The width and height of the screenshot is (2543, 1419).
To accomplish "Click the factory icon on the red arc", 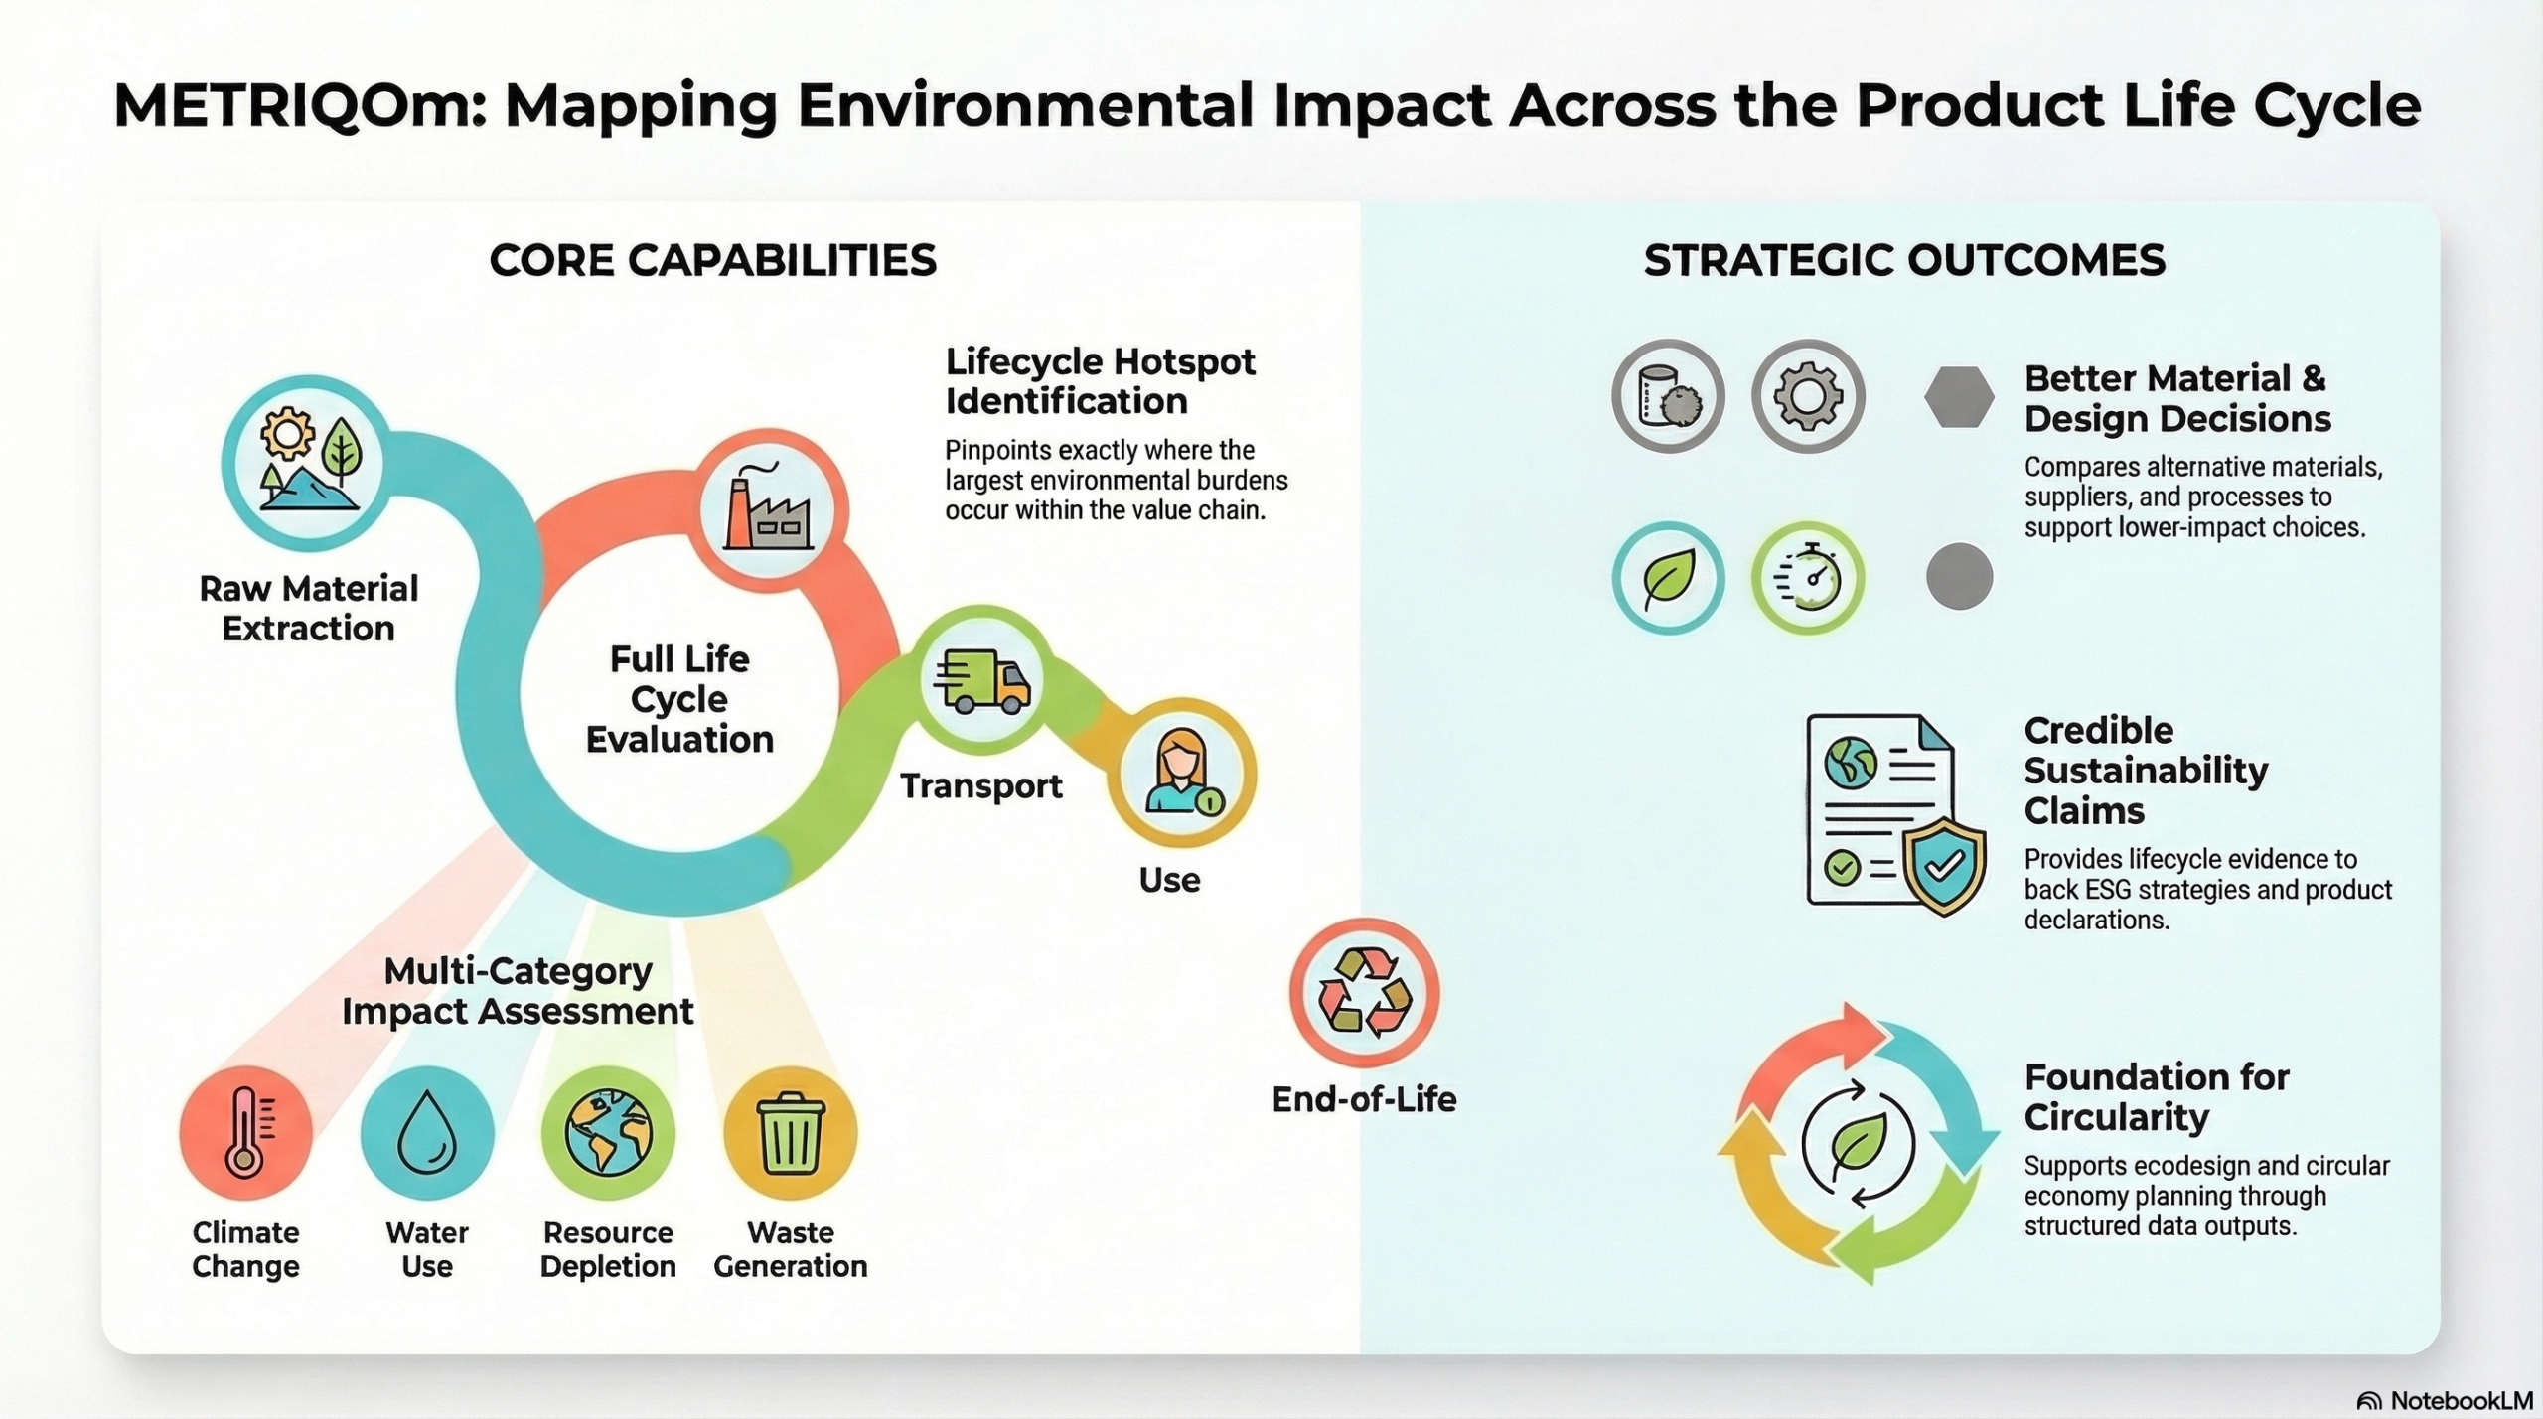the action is pyautogui.click(x=768, y=508).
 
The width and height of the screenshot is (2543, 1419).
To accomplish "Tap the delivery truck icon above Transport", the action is pyautogui.click(x=981, y=681).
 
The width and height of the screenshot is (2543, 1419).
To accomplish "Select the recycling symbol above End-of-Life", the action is pyautogui.click(x=1364, y=993).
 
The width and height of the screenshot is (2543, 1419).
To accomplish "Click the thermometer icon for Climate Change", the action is pyautogui.click(x=246, y=1133).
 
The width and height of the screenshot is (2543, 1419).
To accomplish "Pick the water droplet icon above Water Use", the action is pyautogui.click(x=427, y=1133).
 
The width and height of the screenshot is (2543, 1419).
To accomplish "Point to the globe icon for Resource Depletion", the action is pyautogui.click(x=608, y=1132).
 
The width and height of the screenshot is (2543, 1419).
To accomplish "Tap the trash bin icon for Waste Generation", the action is pyautogui.click(x=791, y=1132).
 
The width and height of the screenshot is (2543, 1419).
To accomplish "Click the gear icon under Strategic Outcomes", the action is pyautogui.click(x=1808, y=396).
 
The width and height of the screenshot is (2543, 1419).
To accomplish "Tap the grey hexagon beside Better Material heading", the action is pyautogui.click(x=1959, y=396).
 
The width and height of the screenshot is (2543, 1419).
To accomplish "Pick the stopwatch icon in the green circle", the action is pyautogui.click(x=1807, y=578).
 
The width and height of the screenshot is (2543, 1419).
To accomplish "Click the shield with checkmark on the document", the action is pyautogui.click(x=1944, y=867).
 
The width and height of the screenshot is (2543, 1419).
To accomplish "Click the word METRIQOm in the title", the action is pyautogui.click(x=299, y=106).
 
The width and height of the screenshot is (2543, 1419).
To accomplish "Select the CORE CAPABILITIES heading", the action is pyautogui.click(x=713, y=260).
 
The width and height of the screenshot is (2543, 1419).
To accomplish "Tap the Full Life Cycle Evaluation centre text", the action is pyautogui.click(x=679, y=699).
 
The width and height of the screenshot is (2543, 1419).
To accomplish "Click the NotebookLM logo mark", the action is pyautogui.click(x=2369, y=1401).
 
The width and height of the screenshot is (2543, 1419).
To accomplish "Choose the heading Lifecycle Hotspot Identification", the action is pyautogui.click(x=1100, y=381).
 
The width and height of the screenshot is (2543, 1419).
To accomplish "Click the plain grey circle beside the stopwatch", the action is pyautogui.click(x=1959, y=577).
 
